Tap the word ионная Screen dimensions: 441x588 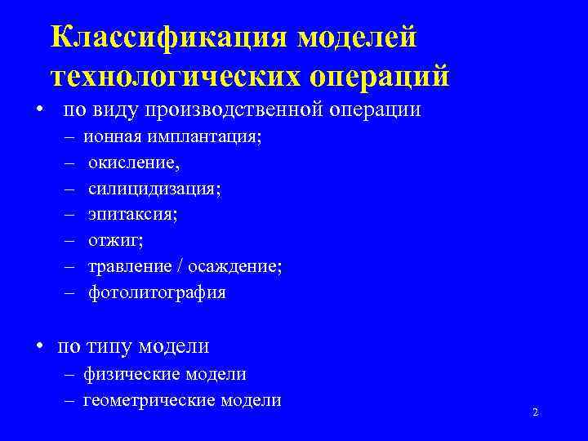click(111, 138)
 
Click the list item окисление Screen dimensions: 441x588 click(128, 164)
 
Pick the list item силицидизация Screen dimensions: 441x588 click(154, 189)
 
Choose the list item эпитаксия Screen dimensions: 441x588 click(132, 216)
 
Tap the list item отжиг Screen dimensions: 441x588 click(114, 241)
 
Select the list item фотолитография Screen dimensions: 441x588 click(157, 292)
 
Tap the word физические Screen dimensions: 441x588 click(131, 374)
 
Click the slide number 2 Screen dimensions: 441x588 click(535, 412)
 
